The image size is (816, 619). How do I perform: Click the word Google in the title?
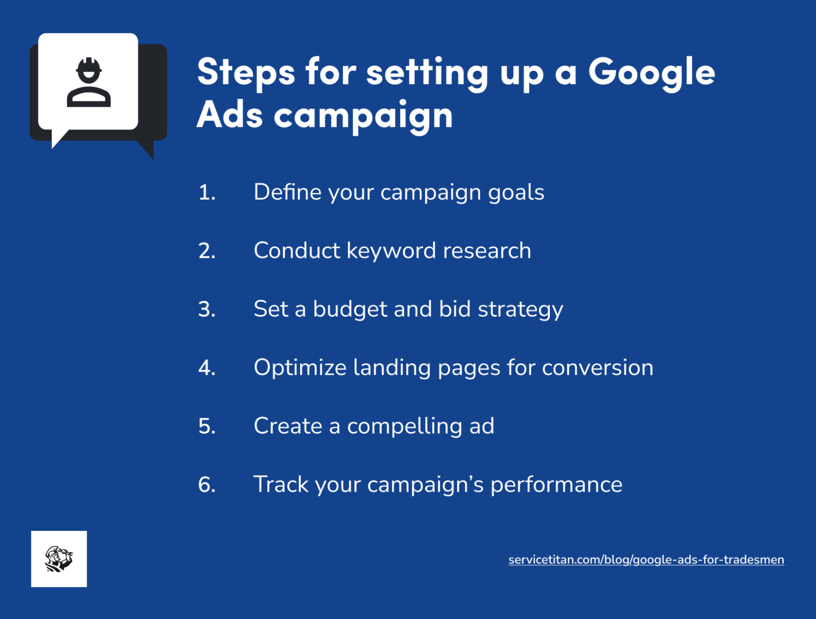pyautogui.click(x=651, y=72)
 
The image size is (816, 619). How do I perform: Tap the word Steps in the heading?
pyautogui.click(x=246, y=72)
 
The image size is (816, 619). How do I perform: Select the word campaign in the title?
pyautogui.click(x=363, y=116)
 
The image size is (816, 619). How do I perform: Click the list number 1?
pyautogui.click(x=207, y=192)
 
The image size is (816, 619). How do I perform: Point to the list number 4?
pyautogui.click(x=207, y=367)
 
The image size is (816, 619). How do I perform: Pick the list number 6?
pyautogui.click(x=207, y=485)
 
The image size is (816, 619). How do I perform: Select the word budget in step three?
pyautogui.click(x=350, y=309)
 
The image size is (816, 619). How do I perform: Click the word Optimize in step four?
pyautogui.click(x=300, y=367)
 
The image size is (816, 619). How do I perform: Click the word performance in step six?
pyautogui.click(x=556, y=485)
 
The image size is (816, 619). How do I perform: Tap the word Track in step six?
pyautogui.click(x=281, y=484)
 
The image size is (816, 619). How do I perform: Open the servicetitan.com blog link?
pyautogui.click(x=646, y=560)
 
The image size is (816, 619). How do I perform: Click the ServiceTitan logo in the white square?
pyautogui.click(x=59, y=559)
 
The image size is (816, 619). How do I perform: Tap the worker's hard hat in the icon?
pyautogui.click(x=89, y=65)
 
